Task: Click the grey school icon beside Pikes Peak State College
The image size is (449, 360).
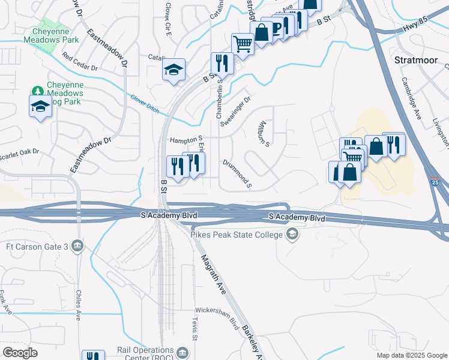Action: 292,234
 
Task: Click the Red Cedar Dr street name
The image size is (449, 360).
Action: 79,63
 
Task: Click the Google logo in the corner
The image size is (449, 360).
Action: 20,352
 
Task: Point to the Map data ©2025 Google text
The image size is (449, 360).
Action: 411,355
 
